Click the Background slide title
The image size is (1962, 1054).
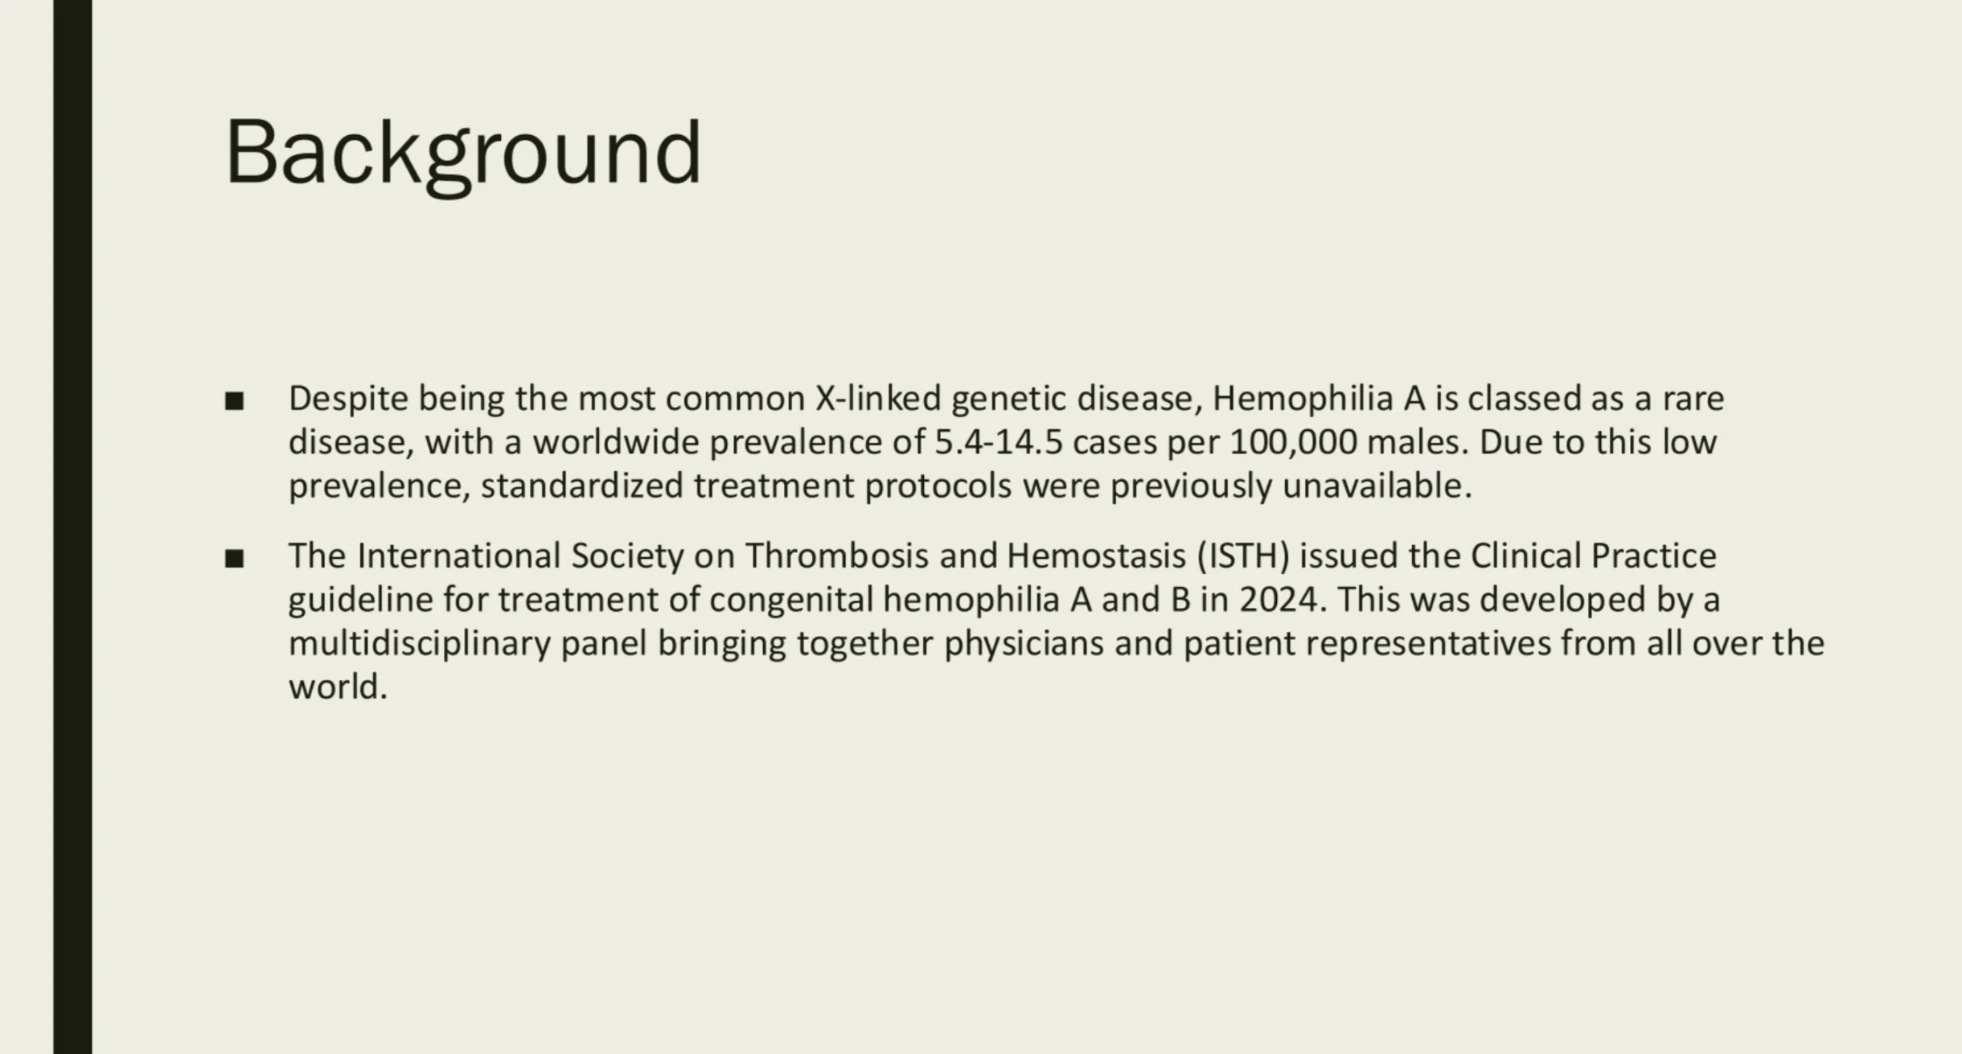[x=463, y=154]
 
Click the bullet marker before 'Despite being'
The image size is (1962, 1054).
[x=234, y=401]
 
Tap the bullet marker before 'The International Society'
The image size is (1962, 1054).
[x=234, y=559]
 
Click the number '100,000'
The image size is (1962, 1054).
[x=1294, y=442]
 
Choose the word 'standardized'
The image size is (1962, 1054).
[x=582, y=486]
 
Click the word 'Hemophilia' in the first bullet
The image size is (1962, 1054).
[x=1303, y=399]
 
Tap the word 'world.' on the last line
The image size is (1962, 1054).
[x=338, y=687]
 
